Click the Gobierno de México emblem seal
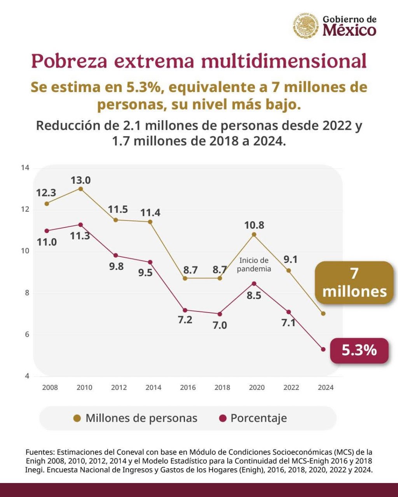[306, 26]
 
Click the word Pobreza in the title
[68, 61]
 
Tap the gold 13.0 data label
[80, 180]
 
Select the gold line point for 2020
[254, 235]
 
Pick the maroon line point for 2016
[185, 310]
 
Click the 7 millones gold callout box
[354, 283]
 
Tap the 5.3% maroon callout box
[359, 350]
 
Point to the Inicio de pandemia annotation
[254, 264]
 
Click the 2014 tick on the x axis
[153, 387]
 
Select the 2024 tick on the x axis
[325, 387]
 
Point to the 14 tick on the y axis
[25, 168]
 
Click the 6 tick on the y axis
[27, 334]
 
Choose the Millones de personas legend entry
[136, 418]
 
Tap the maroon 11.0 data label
[47, 242]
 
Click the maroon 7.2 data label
[185, 320]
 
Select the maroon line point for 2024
[323, 349]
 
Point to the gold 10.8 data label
[254, 225]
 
